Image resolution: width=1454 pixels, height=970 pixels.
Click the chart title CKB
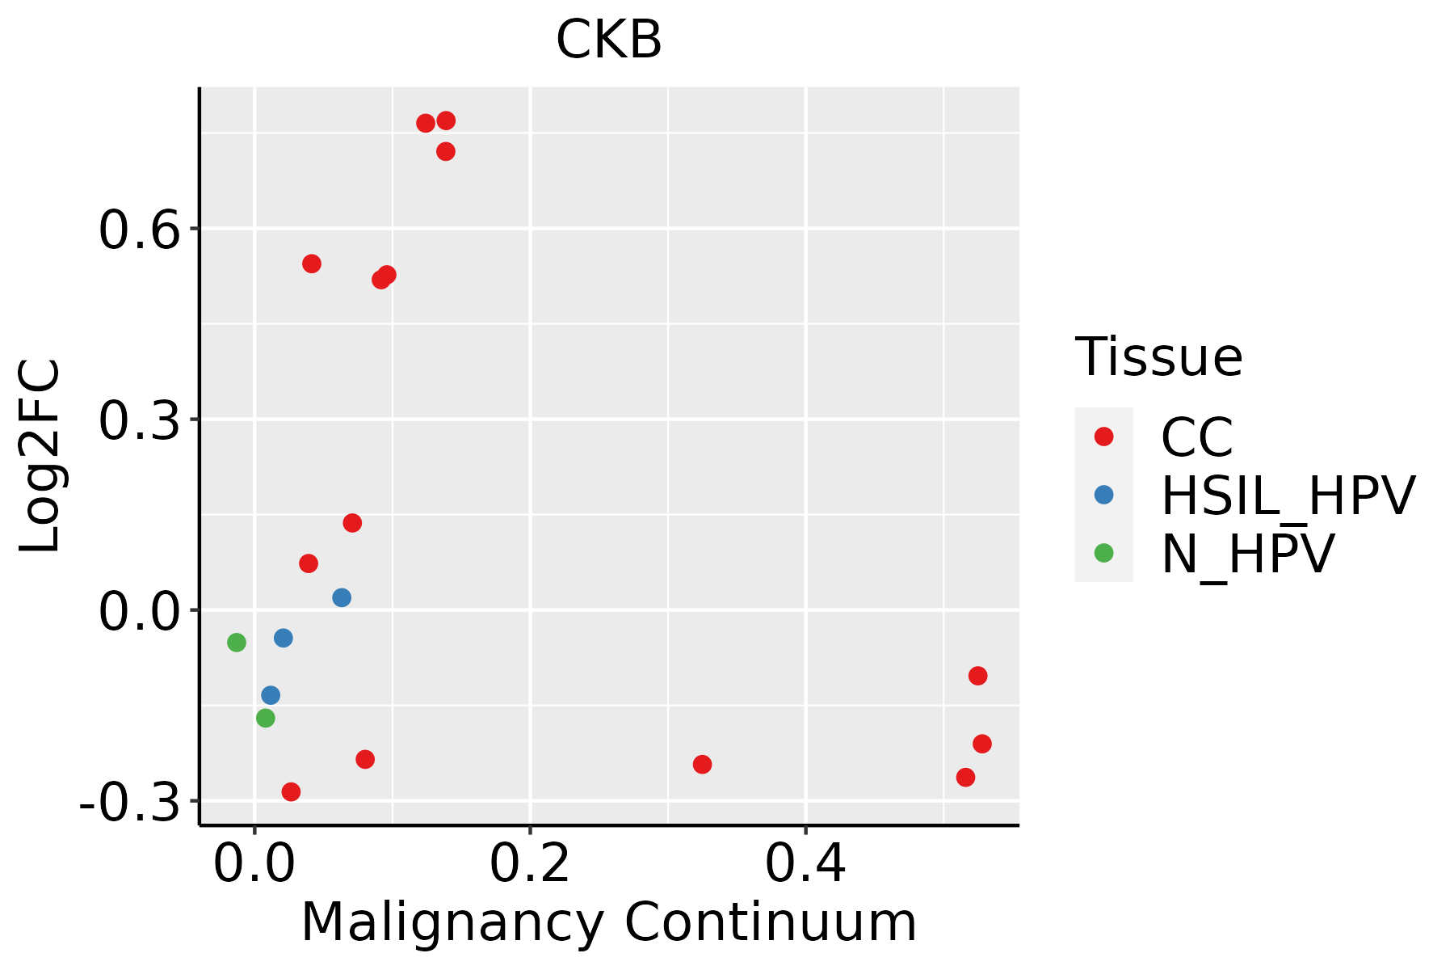tap(609, 40)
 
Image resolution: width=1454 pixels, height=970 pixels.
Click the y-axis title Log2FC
tap(40, 456)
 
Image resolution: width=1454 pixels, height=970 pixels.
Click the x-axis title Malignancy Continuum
tap(609, 923)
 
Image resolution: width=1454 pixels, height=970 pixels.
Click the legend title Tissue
tap(1158, 356)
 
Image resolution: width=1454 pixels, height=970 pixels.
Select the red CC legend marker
tap(1103, 436)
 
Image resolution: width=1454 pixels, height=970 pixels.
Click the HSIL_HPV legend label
tap(1288, 496)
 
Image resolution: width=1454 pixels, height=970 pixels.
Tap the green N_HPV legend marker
tap(1103, 554)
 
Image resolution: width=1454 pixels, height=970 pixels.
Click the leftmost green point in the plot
tap(237, 643)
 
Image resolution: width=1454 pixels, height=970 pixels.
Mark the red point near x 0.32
tap(702, 765)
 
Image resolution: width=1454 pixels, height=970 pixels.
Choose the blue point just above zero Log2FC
tap(342, 598)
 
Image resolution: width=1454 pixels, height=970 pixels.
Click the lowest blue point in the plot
tap(271, 695)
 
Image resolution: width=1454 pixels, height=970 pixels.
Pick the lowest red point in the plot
tap(291, 792)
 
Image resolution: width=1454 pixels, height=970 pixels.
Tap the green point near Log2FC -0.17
tap(266, 718)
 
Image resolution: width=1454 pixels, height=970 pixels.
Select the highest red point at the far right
tap(978, 676)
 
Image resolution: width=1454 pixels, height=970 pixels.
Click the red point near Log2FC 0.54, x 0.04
tap(312, 264)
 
